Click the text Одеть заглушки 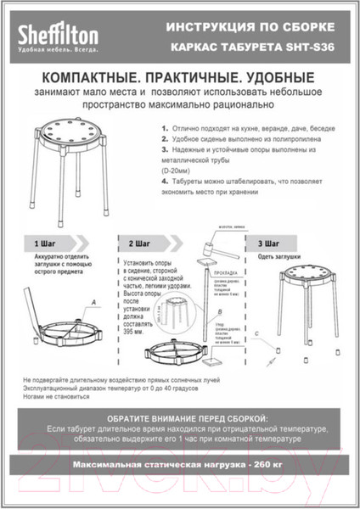[x=278, y=257]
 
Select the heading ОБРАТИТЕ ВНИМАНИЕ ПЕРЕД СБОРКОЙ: [x=180, y=419]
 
